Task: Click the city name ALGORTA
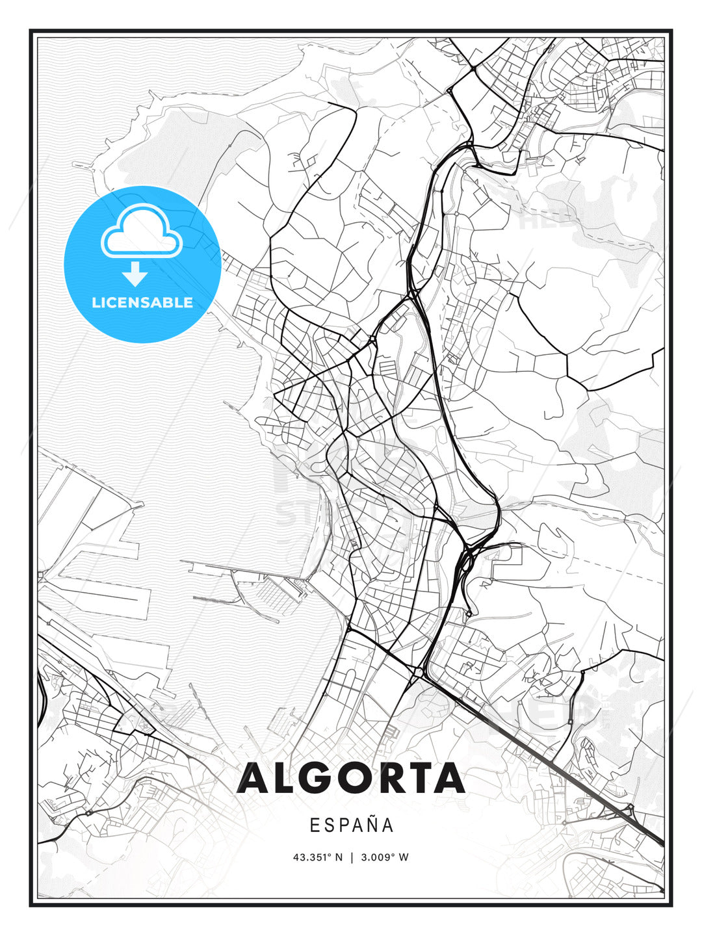pyautogui.click(x=351, y=779)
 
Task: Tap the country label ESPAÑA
pyautogui.click(x=351, y=825)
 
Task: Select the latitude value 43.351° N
pyautogui.click(x=317, y=857)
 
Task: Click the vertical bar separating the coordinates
pyautogui.click(x=352, y=857)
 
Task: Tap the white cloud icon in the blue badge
pyautogui.click(x=142, y=232)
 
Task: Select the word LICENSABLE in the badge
pyautogui.click(x=142, y=303)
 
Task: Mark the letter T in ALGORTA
pyautogui.click(x=419, y=779)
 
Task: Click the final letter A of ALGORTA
pyautogui.click(x=450, y=779)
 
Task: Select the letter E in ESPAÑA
pyautogui.click(x=315, y=825)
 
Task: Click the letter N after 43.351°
pyautogui.click(x=338, y=857)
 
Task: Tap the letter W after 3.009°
pyautogui.click(x=404, y=857)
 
